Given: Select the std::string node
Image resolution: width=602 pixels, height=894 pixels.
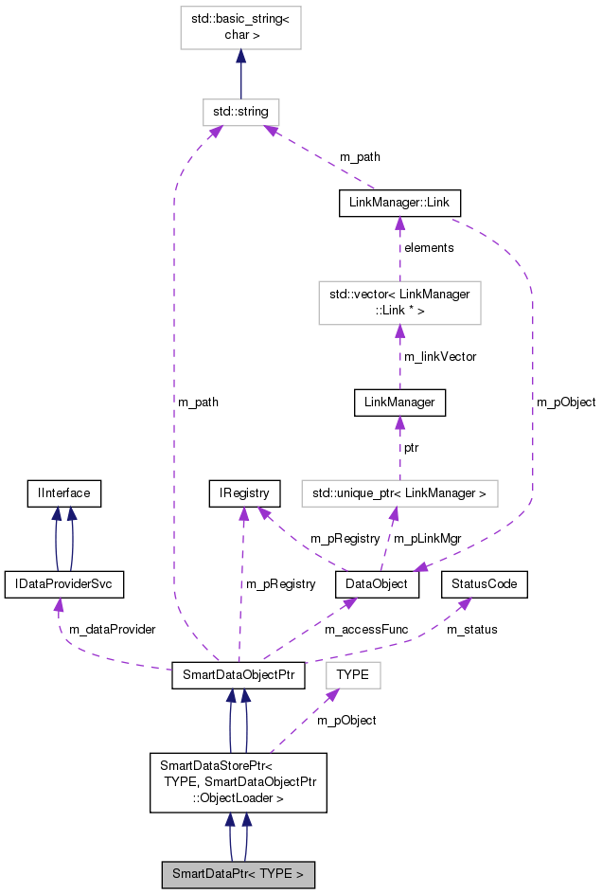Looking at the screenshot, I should coord(240,112).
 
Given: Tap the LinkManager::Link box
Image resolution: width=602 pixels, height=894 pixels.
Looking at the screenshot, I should coord(399,203).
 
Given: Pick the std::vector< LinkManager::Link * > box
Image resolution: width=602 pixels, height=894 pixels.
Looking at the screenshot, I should coord(399,302).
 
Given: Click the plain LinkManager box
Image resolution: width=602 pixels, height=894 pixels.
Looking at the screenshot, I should coord(399,402).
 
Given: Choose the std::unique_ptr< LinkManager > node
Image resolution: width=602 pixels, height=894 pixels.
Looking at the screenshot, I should coord(399,492).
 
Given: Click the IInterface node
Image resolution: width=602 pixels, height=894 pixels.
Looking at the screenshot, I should coord(63,492).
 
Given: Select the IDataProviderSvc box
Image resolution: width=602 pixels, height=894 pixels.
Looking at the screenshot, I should coord(64,584).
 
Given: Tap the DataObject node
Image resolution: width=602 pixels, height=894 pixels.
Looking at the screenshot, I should coord(377,584).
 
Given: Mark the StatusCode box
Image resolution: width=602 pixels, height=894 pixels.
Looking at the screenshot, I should coord(484,584).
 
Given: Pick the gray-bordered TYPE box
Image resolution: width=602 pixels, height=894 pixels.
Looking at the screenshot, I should coord(352,675).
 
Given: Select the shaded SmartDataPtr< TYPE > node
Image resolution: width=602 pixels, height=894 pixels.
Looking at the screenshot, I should coord(238,874).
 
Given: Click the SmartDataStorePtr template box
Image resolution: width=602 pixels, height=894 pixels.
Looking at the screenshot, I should coord(238,782).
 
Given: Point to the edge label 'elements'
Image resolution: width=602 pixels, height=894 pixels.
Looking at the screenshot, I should coord(429,248).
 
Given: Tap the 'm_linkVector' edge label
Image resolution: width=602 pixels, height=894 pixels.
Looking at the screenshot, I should coord(440,357).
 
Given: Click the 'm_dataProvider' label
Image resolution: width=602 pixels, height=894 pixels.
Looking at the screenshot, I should coord(113,629).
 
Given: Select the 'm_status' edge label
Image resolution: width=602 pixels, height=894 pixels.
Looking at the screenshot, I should coord(471,629).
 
